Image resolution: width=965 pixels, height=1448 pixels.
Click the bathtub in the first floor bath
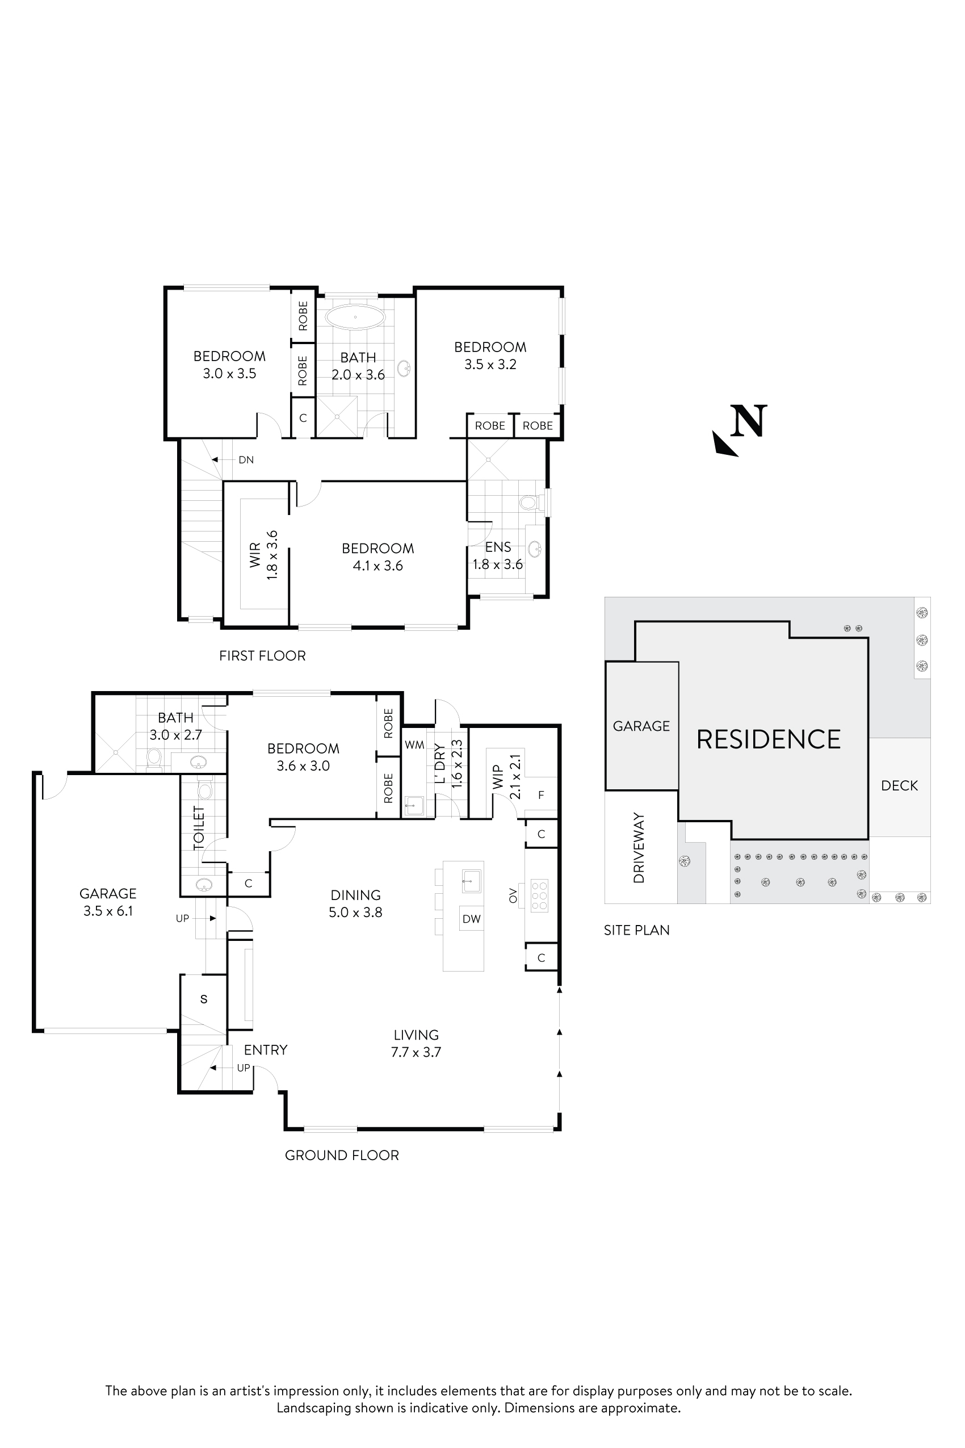pos(355,317)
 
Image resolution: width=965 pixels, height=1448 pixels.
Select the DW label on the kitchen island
pos(471,919)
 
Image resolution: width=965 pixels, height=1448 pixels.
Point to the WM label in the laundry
pos(414,745)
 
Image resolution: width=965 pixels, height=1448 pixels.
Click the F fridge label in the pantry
pos(541,796)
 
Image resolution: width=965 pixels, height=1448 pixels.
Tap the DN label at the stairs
pos(246,460)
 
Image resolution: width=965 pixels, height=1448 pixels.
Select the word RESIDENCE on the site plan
pos(768,739)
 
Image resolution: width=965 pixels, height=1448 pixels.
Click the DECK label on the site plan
pos(899,785)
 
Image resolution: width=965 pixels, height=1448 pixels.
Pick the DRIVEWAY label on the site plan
pos(639,848)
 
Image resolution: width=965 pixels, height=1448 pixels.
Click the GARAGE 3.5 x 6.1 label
pos(108,902)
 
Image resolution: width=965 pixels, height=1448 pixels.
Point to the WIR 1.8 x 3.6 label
pos(263,555)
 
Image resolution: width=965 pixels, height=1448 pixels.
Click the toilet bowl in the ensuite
pos(528,503)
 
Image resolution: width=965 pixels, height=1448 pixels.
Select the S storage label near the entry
pos(204,999)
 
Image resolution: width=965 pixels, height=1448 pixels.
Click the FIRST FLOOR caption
pos(262,656)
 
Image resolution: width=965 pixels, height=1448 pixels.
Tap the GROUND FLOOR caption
pos(342,1155)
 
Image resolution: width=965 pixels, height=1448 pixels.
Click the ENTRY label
pos(265,1050)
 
